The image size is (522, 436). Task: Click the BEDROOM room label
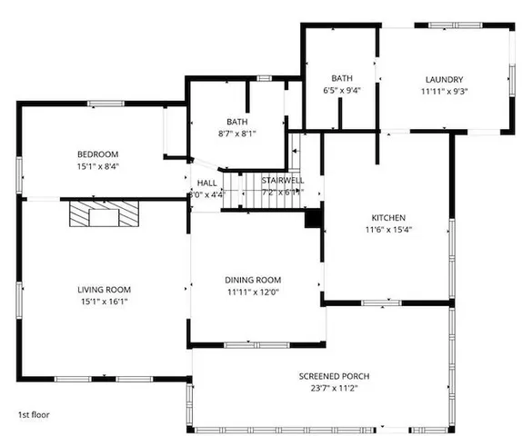point(97,154)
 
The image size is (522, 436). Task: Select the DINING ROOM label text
point(253,280)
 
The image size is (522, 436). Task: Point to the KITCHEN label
point(388,218)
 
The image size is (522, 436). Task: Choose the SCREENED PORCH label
point(335,376)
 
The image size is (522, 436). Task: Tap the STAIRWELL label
point(283,181)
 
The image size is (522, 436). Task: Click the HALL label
point(206,182)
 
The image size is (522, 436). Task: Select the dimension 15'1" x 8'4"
point(97,167)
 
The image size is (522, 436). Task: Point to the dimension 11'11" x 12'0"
point(253,292)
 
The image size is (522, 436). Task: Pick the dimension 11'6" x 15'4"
point(388,231)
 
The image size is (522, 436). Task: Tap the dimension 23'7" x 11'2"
point(335,389)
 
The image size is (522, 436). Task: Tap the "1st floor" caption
point(35,414)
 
